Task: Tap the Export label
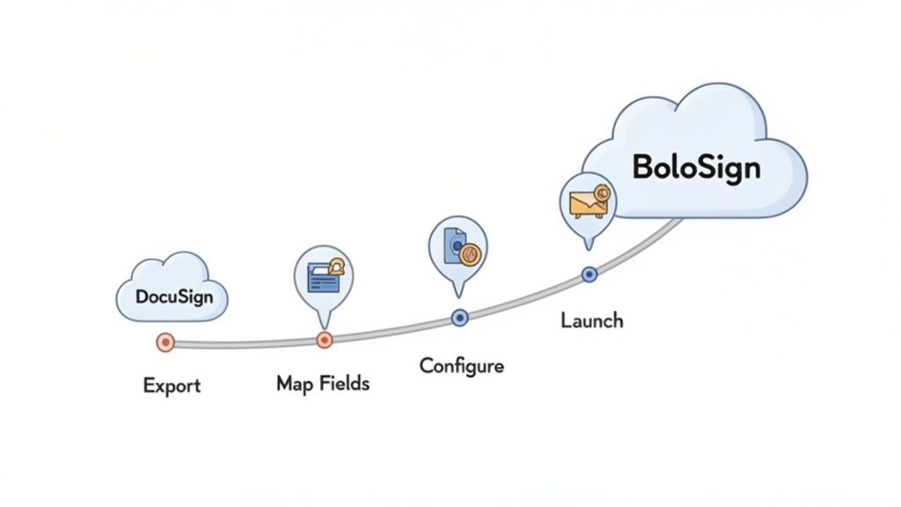click(x=172, y=386)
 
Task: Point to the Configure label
click(x=461, y=365)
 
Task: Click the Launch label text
click(x=591, y=320)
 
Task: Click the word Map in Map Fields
click(x=295, y=383)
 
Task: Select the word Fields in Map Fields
click(x=342, y=383)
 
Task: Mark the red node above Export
click(x=164, y=342)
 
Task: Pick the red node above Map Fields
click(x=324, y=341)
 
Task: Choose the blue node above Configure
click(x=458, y=317)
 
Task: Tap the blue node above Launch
click(x=590, y=275)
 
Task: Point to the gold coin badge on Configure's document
click(x=470, y=253)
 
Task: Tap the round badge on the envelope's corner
click(x=603, y=193)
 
